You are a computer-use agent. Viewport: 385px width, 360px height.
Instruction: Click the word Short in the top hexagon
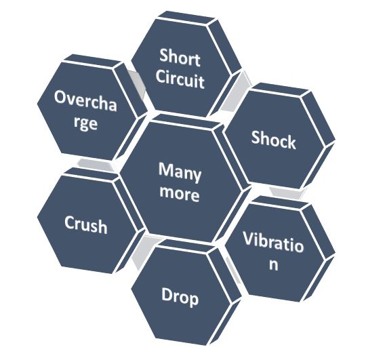(180, 58)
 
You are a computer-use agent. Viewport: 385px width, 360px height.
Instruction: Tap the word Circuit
(180, 79)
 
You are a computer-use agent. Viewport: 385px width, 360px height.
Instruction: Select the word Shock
(274, 140)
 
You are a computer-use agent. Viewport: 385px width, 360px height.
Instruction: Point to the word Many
(180, 172)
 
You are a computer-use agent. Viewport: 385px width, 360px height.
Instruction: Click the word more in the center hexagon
(179, 193)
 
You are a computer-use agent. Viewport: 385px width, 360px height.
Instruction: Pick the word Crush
(86, 224)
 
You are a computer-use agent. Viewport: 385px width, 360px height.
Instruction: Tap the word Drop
(180, 297)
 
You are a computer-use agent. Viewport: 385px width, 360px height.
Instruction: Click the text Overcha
(85, 101)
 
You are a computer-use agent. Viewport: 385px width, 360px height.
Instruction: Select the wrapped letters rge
(85, 123)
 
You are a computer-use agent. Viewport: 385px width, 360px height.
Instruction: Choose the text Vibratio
(273, 242)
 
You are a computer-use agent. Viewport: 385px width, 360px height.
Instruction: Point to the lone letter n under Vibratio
(274, 264)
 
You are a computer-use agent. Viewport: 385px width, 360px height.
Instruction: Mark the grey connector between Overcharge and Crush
(96, 164)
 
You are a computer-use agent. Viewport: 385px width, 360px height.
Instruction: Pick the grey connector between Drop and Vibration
(232, 270)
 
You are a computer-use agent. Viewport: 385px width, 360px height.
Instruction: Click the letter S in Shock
(256, 137)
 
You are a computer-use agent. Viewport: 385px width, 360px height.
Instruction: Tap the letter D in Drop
(167, 294)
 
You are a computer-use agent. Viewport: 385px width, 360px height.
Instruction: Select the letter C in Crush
(70, 222)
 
